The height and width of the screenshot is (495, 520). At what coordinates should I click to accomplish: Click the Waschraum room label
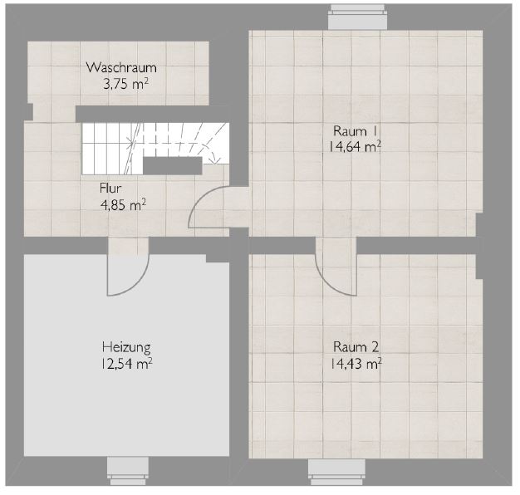[121, 67]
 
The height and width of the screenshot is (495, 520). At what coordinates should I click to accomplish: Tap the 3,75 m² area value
[125, 84]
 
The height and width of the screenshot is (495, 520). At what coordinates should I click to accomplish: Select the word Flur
[110, 189]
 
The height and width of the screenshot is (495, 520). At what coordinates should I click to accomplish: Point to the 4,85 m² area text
[123, 205]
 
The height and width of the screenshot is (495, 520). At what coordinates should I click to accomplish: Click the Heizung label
[126, 347]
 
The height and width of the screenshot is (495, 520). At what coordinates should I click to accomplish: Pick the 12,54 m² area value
[126, 364]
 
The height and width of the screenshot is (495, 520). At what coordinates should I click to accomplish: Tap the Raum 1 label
[355, 131]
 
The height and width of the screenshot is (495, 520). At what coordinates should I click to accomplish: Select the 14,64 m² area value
[355, 146]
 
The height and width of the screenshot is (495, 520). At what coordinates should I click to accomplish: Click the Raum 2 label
[356, 347]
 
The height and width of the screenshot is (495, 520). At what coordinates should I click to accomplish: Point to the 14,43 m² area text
[356, 364]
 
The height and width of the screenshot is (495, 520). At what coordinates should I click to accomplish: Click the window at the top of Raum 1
[357, 17]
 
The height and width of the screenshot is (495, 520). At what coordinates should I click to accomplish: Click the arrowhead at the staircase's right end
[215, 161]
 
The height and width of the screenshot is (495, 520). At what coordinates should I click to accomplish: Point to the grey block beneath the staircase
[173, 165]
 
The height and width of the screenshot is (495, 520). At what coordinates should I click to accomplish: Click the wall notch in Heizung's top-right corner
[218, 258]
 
